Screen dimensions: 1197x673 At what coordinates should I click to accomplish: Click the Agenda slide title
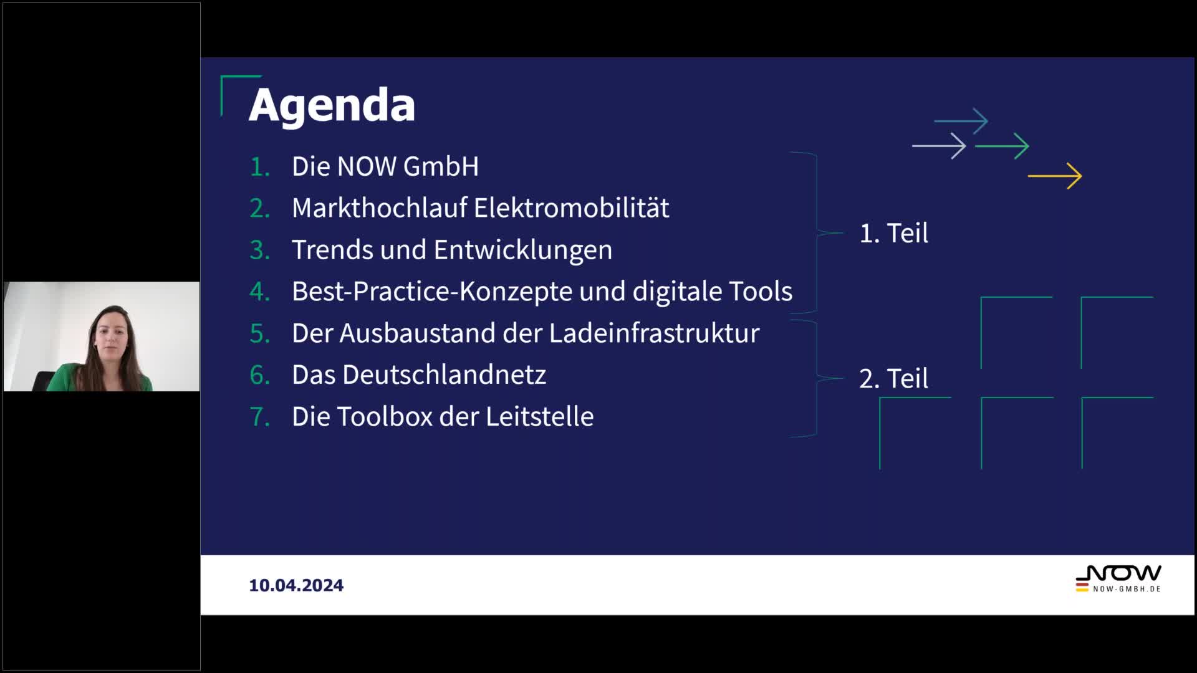tap(332, 106)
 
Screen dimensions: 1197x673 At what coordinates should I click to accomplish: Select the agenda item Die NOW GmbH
tap(385, 166)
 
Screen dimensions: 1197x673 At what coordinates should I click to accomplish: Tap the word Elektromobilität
tap(571, 208)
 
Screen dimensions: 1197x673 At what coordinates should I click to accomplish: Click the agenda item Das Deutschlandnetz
tap(419, 375)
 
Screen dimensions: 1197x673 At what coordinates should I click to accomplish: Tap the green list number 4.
tap(260, 292)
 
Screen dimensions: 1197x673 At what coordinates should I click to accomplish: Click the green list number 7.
tap(260, 417)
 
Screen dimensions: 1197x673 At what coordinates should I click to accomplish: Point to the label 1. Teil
tap(893, 233)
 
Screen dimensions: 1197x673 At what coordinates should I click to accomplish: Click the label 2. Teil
tap(893, 378)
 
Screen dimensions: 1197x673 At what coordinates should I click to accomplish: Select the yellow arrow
tap(1055, 176)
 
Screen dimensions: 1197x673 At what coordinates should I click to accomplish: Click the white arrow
tap(939, 146)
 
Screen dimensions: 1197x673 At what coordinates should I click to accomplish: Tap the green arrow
tap(1002, 146)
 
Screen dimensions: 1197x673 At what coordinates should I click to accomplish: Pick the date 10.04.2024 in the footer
tap(296, 585)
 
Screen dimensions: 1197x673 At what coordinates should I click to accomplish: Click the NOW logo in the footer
tap(1118, 579)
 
